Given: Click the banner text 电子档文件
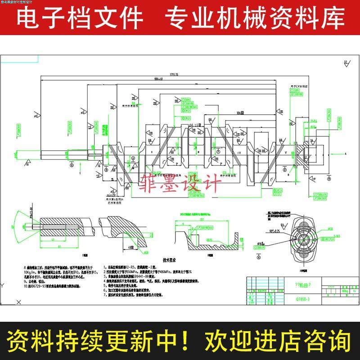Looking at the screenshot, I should [80, 19].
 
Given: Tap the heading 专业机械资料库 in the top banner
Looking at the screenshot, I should [255, 19].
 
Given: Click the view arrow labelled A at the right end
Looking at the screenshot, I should [343, 153].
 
